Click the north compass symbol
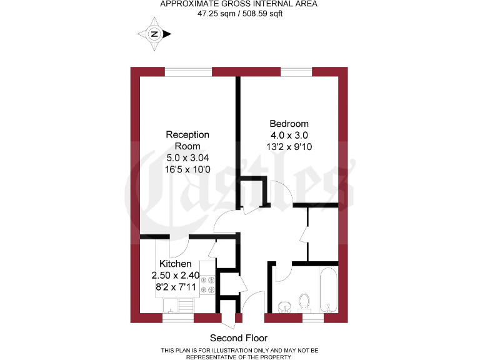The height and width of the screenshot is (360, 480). [x=155, y=34]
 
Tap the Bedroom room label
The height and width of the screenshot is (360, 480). [x=289, y=124]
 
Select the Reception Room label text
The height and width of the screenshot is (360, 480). [x=187, y=140]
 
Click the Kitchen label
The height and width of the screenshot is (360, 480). [x=175, y=264]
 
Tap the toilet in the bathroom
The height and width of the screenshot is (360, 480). [x=305, y=301]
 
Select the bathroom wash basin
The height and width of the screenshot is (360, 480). [x=286, y=306]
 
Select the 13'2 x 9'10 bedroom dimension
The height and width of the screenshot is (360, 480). [x=289, y=147]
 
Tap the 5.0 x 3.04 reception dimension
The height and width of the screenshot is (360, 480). [x=187, y=157]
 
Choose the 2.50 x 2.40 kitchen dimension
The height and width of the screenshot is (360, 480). [x=175, y=275]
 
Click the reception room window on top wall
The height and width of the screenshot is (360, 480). [x=188, y=72]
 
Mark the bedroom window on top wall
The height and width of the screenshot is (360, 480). [x=296, y=72]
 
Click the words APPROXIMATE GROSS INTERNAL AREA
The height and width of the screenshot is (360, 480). [x=239, y=4]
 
